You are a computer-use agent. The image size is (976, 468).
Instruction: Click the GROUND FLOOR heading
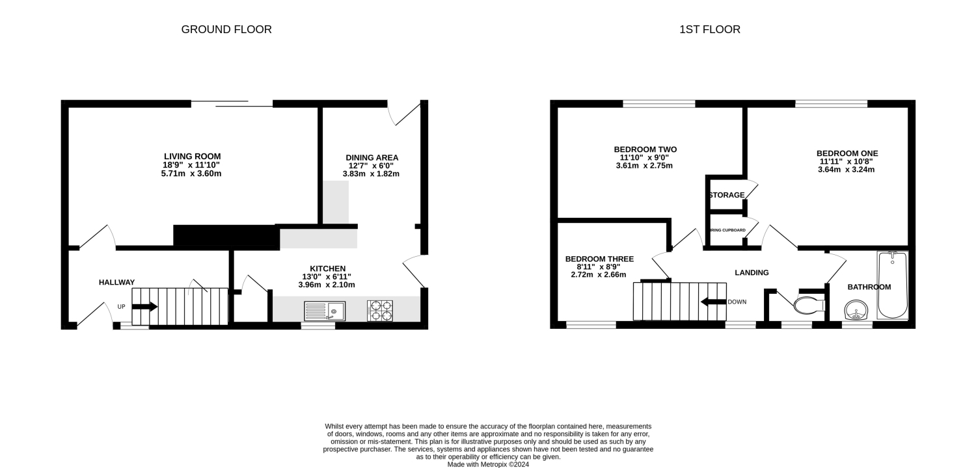226,29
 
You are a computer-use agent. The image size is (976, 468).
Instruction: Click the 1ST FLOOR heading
710,29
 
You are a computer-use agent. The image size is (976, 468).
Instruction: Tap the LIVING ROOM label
192,156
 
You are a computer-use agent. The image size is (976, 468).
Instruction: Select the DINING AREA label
372,157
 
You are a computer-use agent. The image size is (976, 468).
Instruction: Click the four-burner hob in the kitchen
380,311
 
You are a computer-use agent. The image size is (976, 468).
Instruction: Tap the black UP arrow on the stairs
144,307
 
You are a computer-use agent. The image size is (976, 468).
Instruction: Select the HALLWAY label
116,282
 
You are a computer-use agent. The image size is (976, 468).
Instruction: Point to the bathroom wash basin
857,311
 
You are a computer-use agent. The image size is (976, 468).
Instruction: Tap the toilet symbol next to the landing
809,305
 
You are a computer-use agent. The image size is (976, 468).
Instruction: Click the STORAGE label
726,195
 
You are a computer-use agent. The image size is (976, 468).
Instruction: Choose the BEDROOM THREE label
599,259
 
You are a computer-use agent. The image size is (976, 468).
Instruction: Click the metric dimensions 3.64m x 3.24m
846,170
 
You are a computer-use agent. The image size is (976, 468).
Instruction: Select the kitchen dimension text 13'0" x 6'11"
327,277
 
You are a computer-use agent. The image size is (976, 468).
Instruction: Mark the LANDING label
752,272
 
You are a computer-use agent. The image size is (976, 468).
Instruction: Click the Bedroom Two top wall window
658,103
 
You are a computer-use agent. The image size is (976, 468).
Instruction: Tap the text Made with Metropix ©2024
488,464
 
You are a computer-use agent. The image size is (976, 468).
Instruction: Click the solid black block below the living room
226,237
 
